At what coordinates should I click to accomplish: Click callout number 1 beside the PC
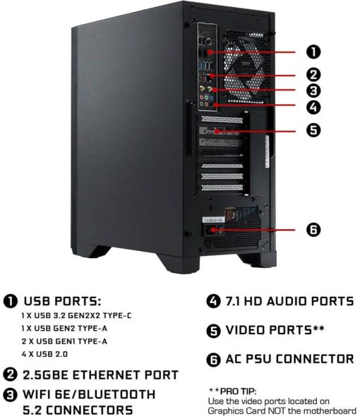[313, 51]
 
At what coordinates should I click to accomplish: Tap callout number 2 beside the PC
[313, 75]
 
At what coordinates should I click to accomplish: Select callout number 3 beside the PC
[313, 90]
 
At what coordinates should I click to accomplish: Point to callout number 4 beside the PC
[313, 107]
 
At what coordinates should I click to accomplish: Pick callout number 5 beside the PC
[313, 130]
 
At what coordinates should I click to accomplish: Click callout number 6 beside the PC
[313, 229]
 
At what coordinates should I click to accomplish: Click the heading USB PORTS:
[62, 301]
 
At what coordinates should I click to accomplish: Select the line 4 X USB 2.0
[44, 354]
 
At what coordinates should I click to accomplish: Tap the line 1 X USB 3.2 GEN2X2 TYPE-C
[76, 316]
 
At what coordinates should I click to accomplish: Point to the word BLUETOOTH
[117, 395]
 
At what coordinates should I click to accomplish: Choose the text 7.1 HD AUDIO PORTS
[289, 301]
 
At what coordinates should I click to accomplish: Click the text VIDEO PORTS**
[275, 330]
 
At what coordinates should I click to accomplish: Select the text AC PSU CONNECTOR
[289, 359]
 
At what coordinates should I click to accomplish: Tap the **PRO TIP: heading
[232, 391]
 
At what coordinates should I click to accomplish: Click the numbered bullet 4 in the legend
[214, 302]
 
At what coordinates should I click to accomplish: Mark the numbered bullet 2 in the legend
[10, 375]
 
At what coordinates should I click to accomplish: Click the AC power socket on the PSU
[210, 230]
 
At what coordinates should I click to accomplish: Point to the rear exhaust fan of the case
[244, 67]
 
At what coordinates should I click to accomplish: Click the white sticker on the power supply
[213, 220]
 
